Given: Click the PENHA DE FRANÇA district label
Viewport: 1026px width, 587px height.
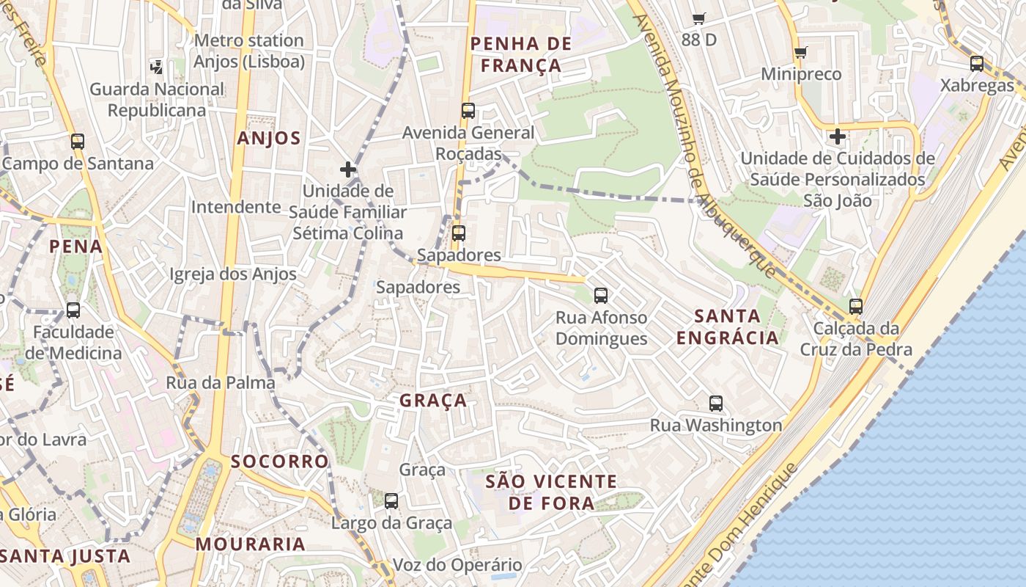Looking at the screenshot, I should coord(520,54).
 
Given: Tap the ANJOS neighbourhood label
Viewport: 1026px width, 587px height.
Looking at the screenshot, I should coord(269,138).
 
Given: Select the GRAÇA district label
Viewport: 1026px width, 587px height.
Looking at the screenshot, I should coord(433,400).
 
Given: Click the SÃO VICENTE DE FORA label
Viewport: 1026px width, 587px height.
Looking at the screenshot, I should coord(551,492).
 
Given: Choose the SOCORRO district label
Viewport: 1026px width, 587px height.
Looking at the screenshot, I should coord(280,461).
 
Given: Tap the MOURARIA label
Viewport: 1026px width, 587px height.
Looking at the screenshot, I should coord(251,544).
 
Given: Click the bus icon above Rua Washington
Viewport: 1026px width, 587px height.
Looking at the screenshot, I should coord(716,403).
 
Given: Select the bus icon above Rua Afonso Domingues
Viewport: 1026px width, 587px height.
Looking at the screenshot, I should coord(601,296).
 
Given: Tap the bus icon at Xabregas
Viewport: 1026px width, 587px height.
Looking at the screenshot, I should coord(977,63).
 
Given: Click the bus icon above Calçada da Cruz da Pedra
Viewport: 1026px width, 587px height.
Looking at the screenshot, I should coord(856,307).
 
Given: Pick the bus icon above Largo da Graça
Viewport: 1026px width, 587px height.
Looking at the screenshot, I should coord(391,501).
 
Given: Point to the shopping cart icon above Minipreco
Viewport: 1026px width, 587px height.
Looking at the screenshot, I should coord(800,53).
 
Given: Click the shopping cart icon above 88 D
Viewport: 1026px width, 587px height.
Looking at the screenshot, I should coord(698,19).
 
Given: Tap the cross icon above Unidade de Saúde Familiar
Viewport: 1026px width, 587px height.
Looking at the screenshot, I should coord(348,169).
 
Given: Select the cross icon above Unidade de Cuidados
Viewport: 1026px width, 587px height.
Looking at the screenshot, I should coord(837,136).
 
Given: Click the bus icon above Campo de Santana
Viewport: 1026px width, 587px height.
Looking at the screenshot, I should coord(78,141).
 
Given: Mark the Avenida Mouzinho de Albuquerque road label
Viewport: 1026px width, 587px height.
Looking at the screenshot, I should coord(704,147).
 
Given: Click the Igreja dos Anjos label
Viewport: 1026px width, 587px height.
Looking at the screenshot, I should coord(233,274).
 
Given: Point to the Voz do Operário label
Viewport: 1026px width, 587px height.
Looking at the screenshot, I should coord(458,565).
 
